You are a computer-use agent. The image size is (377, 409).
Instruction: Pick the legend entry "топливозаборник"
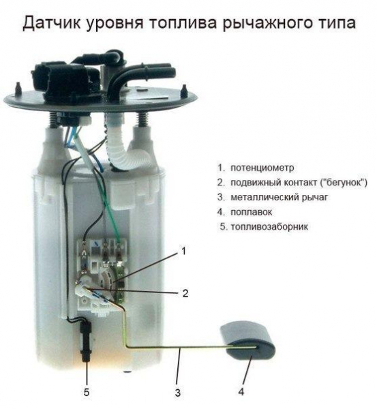tap(269, 226)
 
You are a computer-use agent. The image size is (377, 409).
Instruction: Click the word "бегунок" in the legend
tap(344, 182)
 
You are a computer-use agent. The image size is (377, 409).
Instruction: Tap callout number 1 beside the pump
tap(183, 251)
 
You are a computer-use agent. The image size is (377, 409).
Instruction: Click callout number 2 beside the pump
tap(185, 294)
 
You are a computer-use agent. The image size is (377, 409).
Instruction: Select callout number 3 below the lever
tap(177, 393)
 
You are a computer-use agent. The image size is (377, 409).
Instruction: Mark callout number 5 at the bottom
tap(87, 393)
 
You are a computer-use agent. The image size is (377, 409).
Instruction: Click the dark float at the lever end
tap(247, 341)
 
